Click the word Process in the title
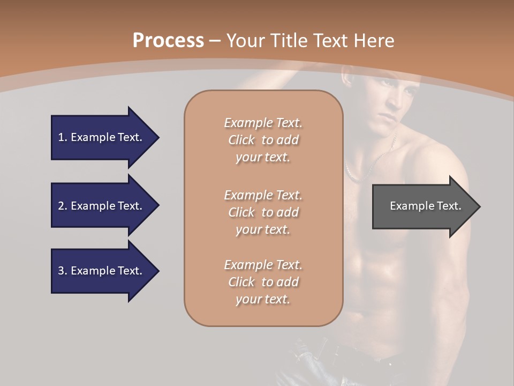click(168, 40)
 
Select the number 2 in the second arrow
click(61, 206)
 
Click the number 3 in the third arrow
click(61, 271)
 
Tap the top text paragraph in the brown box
click(263, 140)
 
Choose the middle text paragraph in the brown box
click(263, 212)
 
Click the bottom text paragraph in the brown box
click(263, 282)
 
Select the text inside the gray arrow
click(425, 206)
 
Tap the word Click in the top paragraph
click(241, 140)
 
